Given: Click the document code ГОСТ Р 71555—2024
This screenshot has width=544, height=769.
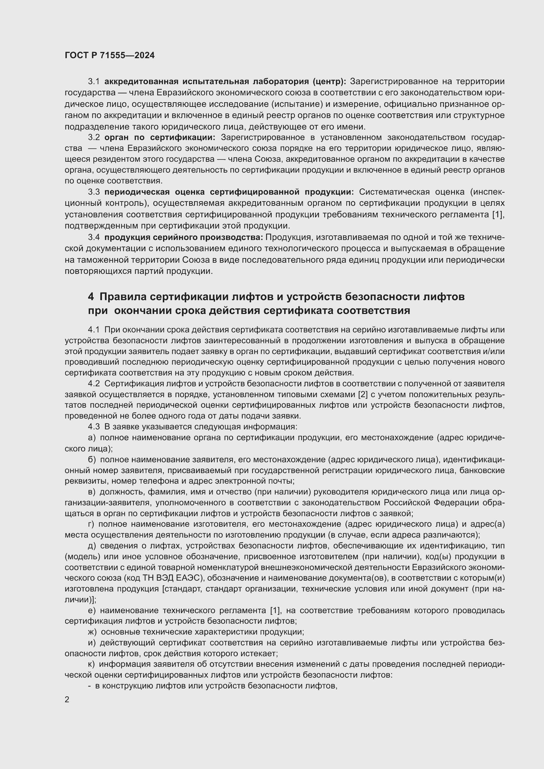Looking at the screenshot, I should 110,56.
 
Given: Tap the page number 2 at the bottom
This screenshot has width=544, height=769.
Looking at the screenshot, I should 67,699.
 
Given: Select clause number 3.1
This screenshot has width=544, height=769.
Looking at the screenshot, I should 94,82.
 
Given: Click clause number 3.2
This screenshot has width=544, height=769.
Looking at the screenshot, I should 94,137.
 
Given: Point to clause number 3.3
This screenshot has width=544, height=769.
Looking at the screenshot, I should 94,192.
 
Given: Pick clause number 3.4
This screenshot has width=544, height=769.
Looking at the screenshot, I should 94,237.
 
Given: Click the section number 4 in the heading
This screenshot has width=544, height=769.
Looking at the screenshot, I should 91,297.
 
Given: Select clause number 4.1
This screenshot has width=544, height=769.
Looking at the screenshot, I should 94,329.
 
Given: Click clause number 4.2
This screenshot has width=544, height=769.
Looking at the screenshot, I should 94,383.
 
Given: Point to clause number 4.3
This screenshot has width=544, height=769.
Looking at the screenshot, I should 94,427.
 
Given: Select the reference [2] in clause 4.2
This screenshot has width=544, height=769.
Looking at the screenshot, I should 363,395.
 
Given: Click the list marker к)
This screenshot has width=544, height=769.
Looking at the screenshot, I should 91,664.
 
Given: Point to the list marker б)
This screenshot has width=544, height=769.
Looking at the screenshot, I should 92,460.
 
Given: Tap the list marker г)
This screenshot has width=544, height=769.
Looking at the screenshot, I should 91,524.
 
